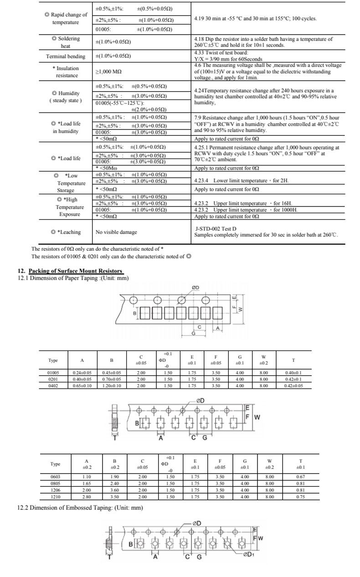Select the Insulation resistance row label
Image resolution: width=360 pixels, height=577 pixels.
(x=67, y=72)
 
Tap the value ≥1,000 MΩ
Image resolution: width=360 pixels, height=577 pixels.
(x=108, y=72)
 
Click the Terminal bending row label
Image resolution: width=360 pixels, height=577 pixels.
(x=66, y=57)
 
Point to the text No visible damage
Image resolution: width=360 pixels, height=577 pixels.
(x=116, y=232)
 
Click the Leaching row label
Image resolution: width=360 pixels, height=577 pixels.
(x=66, y=232)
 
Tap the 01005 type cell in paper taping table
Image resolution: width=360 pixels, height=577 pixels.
(x=53, y=372)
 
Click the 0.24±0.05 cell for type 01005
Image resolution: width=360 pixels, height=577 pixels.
(x=82, y=372)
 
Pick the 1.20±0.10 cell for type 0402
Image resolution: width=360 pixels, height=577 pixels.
(x=112, y=386)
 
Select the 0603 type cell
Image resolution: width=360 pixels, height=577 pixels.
(x=56, y=477)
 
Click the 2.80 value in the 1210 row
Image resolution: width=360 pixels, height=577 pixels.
(x=87, y=497)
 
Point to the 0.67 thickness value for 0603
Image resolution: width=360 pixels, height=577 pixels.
(x=300, y=477)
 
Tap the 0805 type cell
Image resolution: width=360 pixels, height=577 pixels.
(x=56, y=484)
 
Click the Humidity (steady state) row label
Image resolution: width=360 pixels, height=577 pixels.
(x=66, y=97)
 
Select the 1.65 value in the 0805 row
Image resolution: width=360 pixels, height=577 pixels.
(x=87, y=484)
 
